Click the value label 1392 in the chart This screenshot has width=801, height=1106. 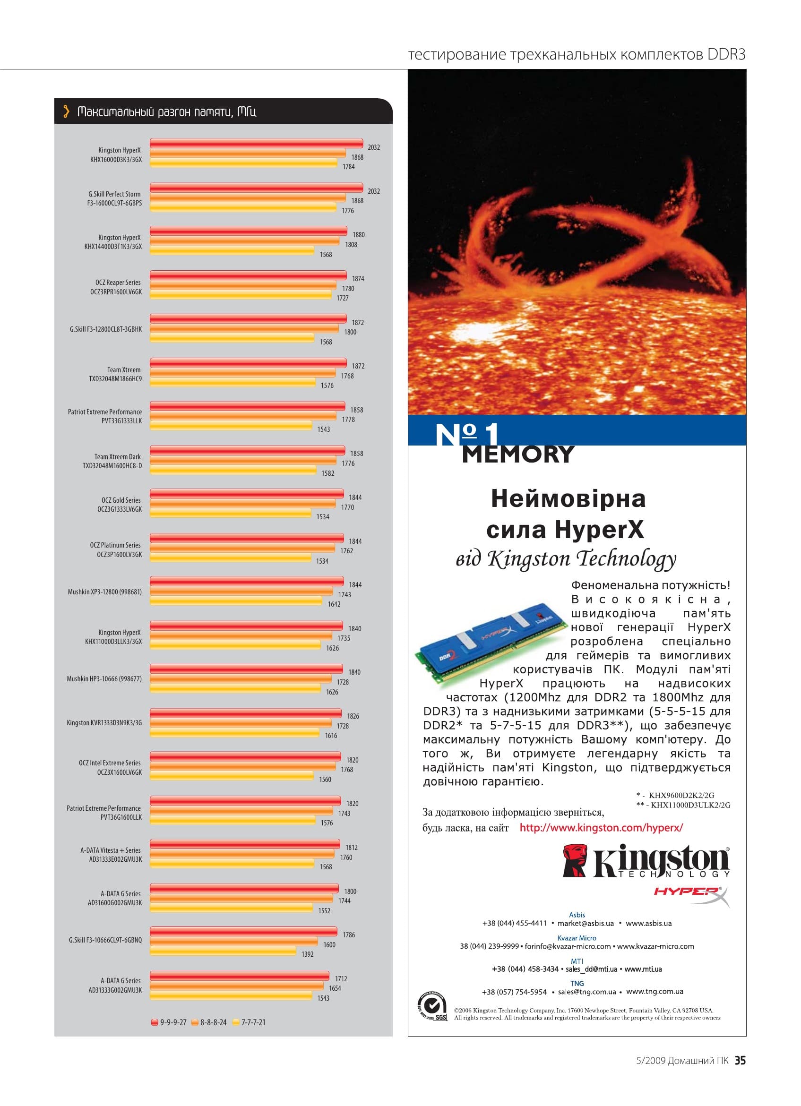307,954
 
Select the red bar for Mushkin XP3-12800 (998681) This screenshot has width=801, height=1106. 247,581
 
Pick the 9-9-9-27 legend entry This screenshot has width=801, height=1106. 169,1022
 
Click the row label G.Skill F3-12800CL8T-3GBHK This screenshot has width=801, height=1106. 106,329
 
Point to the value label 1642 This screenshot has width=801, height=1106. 334,604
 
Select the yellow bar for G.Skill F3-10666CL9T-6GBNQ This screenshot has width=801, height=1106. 223,952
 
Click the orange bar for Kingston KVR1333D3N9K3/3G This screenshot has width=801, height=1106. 241,723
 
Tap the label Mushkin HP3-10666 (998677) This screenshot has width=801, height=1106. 104,679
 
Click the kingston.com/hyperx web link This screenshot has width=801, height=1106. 601,828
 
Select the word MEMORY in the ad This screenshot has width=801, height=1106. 518,454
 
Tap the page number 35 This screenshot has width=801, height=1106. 740,1060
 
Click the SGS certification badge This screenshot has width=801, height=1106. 432,1006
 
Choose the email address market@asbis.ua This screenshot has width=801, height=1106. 586,923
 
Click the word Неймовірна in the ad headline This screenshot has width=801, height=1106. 568,498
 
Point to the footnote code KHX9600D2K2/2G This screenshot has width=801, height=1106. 681,795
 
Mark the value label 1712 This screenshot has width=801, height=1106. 341,979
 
